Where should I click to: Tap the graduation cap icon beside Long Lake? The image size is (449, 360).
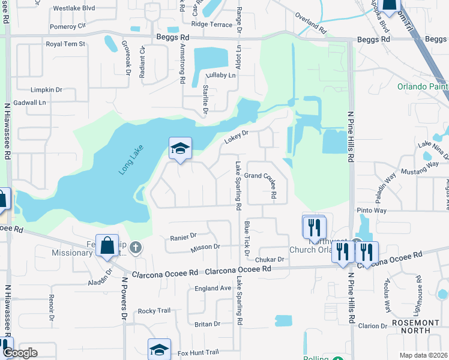point(180,149)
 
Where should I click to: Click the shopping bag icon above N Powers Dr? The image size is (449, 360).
point(107,246)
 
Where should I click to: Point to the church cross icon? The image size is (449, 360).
point(136,247)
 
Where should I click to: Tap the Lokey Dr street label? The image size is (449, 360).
point(237,137)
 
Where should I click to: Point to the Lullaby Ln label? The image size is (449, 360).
point(221,76)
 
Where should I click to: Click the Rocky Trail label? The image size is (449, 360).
point(154,311)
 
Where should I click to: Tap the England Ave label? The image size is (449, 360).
point(212,289)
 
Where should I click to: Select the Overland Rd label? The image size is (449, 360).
point(311,25)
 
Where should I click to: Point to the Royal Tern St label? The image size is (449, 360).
point(65,44)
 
